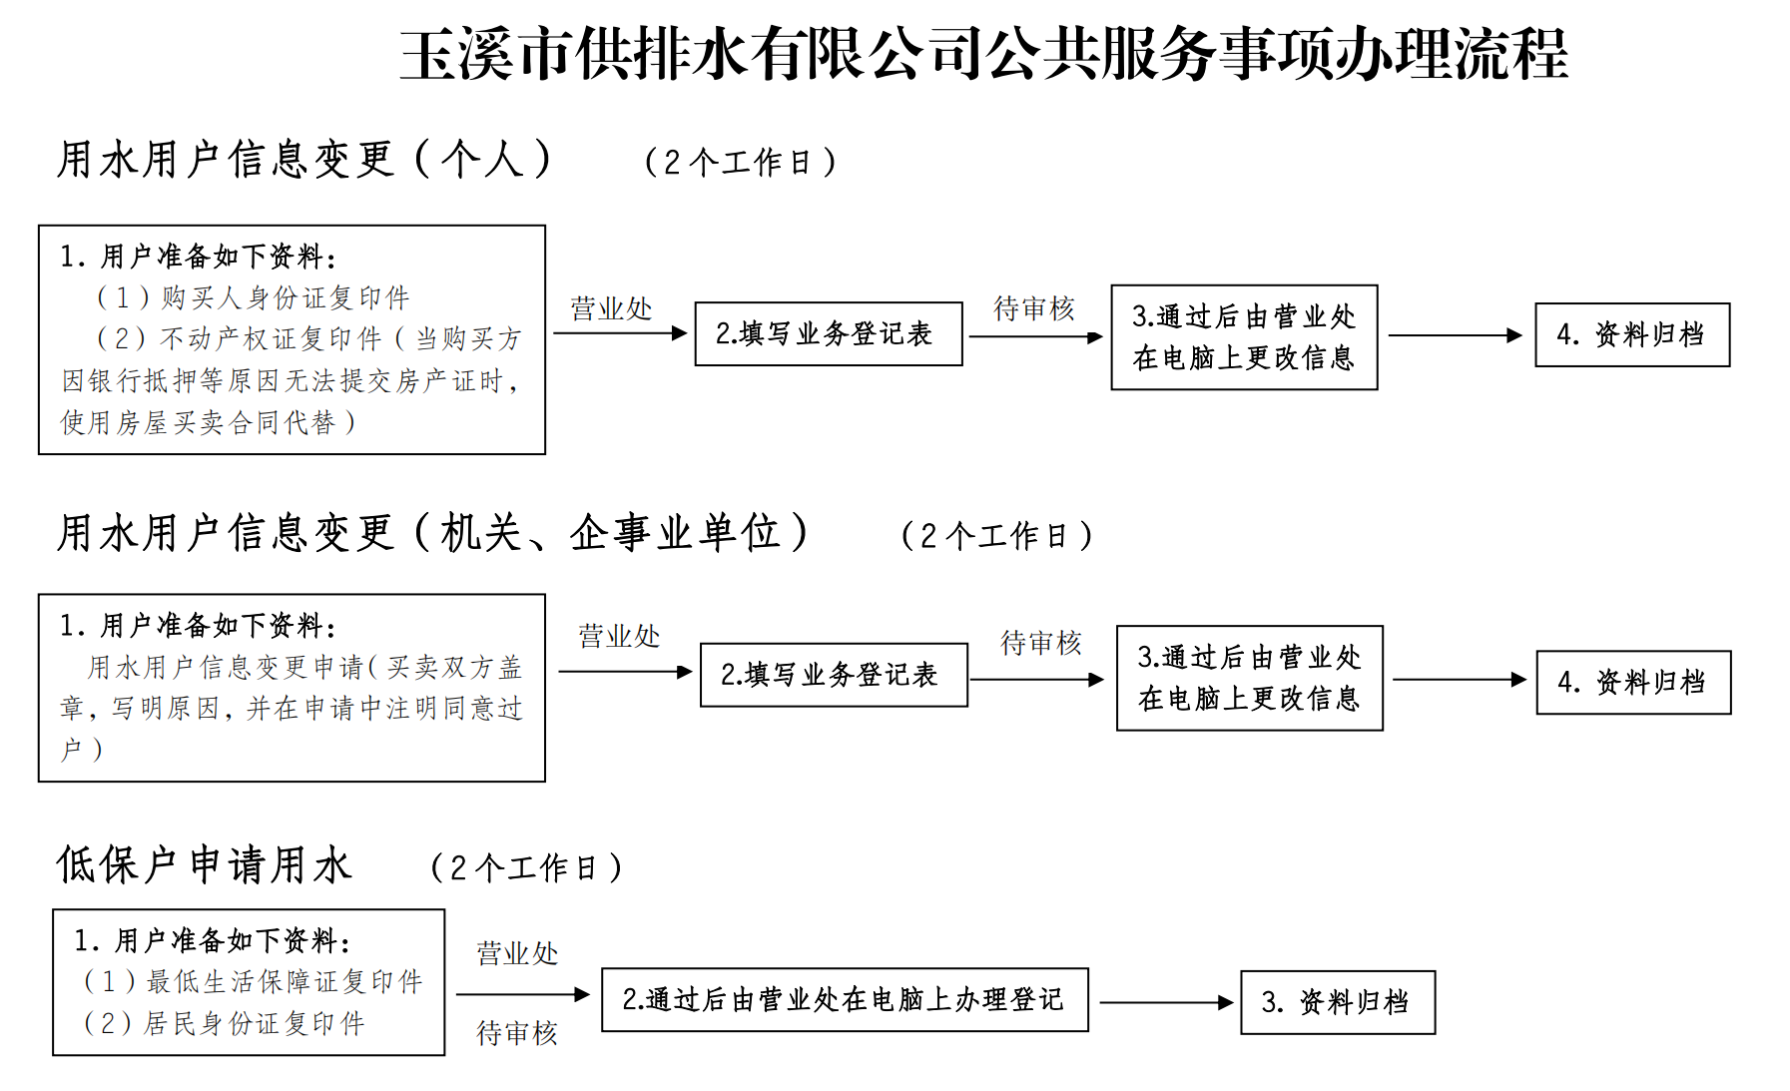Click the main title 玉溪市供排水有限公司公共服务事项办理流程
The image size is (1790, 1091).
(x=983, y=55)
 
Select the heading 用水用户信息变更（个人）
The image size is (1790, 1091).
(x=304, y=160)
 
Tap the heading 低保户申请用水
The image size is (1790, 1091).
(x=205, y=864)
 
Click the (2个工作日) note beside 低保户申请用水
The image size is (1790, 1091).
(x=526, y=867)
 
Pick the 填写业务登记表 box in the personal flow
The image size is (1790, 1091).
(x=829, y=333)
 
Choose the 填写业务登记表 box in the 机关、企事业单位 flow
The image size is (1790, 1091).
(x=834, y=675)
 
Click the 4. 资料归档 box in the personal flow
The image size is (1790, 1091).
(x=1632, y=334)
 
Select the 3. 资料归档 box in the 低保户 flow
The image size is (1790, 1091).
(x=1338, y=1002)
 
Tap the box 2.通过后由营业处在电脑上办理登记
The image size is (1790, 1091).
(x=845, y=999)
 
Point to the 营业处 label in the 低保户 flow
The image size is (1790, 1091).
(x=517, y=953)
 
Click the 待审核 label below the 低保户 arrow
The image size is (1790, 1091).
(x=517, y=1033)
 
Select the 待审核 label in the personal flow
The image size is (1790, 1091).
(x=1034, y=308)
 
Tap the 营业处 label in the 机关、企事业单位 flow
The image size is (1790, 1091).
(x=619, y=636)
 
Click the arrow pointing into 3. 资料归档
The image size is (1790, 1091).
(x=1166, y=1002)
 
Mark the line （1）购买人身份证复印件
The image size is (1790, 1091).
(x=252, y=297)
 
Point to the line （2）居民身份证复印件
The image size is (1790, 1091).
(x=224, y=1023)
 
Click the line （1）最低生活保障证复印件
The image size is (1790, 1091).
(x=253, y=982)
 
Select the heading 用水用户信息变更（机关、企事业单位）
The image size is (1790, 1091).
(x=432, y=533)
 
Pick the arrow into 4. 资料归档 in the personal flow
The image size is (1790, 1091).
(x=1455, y=335)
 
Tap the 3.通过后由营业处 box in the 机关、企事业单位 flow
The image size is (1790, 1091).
(x=1250, y=678)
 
